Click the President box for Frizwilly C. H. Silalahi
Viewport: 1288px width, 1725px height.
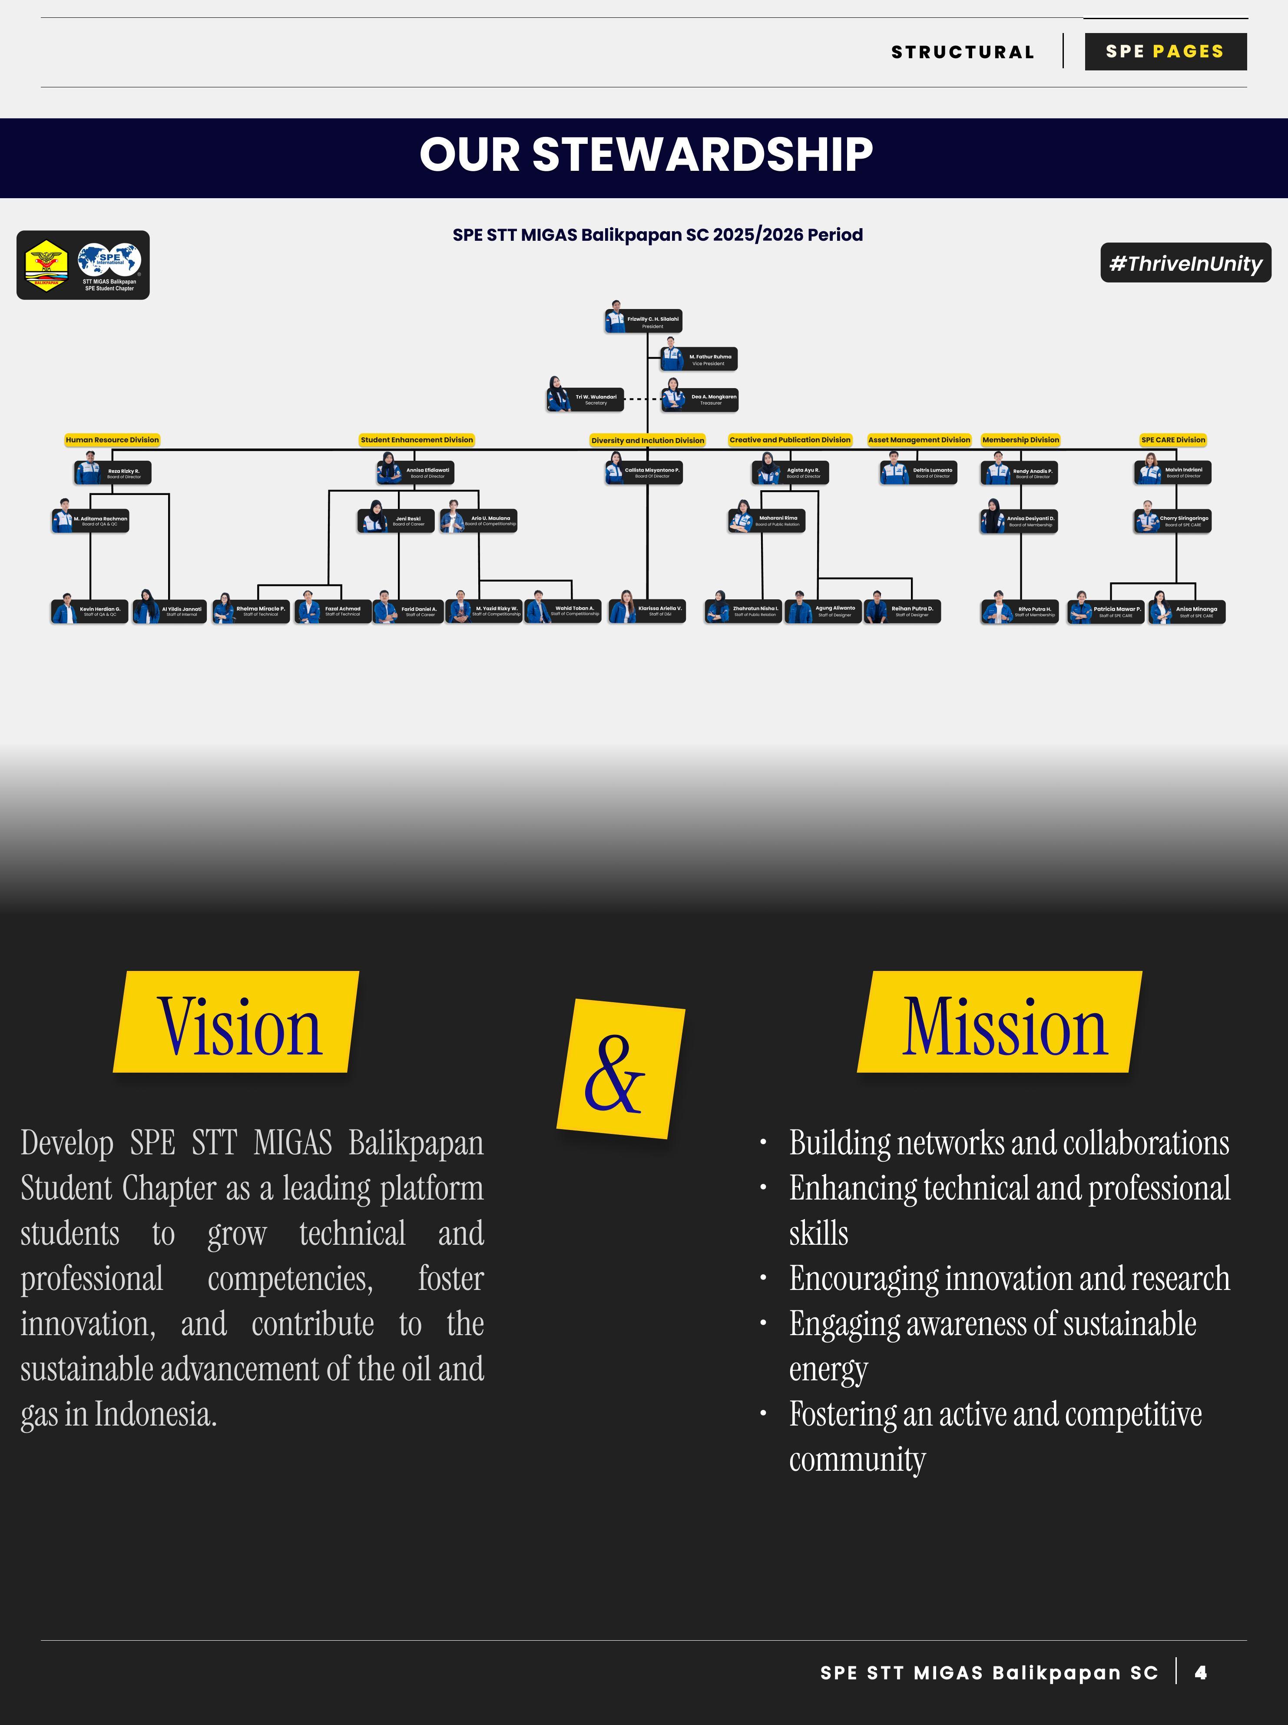pos(644,321)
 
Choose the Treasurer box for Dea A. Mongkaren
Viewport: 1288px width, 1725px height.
pos(701,399)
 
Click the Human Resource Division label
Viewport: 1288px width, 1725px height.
pos(112,440)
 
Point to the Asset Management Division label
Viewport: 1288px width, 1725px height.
pos(919,440)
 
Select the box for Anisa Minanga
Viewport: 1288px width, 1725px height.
pos(1187,612)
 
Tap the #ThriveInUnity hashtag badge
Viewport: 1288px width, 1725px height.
pos(1185,263)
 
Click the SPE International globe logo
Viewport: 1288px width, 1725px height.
pos(109,260)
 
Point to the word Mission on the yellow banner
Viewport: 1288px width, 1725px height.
pos(1004,1026)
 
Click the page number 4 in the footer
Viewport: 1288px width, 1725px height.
pos(1201,1672)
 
